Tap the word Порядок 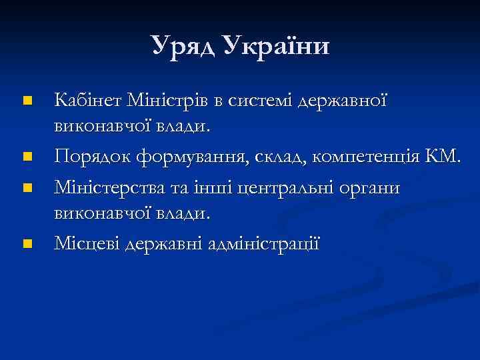click(x=92, y=158)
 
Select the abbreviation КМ click(x=443, y=158)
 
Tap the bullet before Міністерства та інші click(x=27, y=188)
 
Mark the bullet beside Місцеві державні click(x=27, y=245)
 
